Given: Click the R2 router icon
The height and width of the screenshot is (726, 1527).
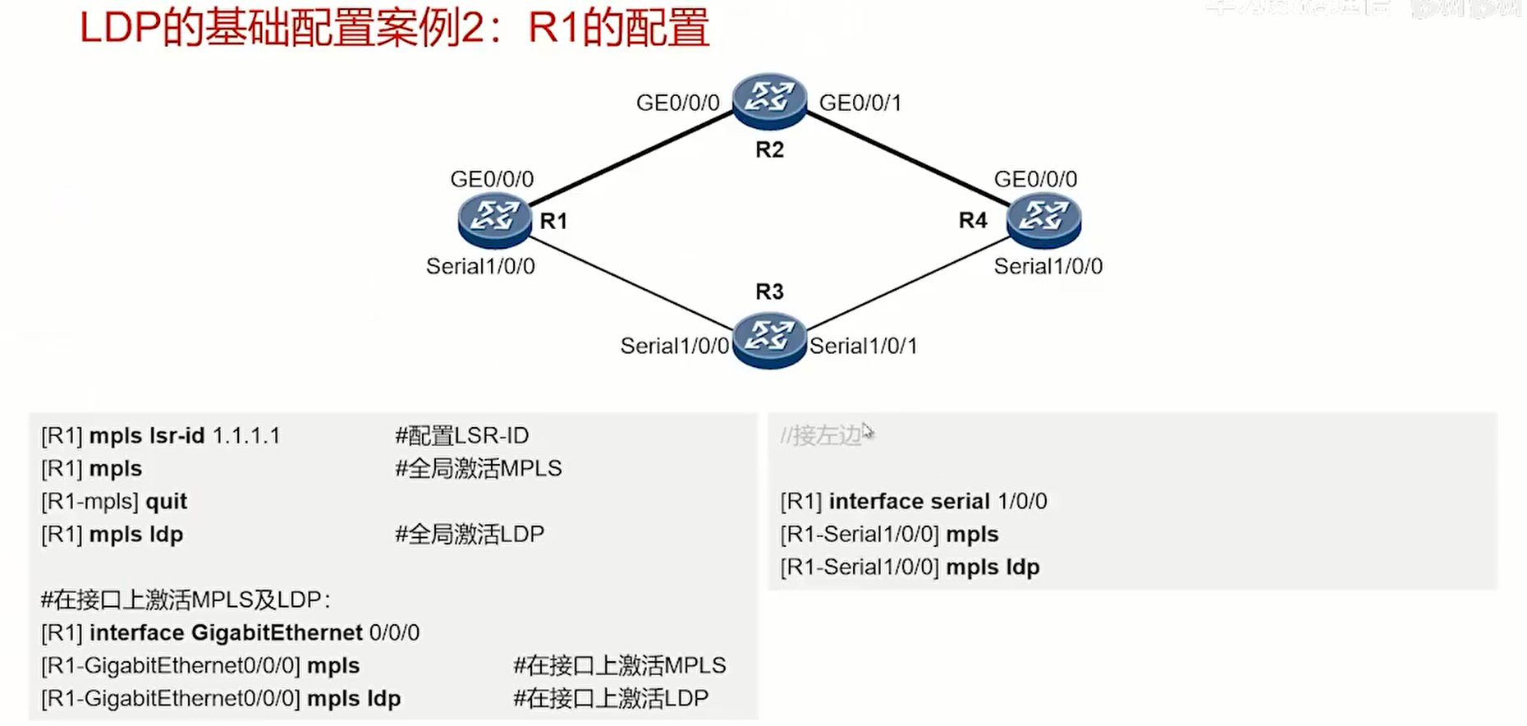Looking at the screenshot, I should point(769,99).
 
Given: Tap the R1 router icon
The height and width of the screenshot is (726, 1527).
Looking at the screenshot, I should point(494,219).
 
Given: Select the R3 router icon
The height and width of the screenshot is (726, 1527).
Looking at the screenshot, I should point(768,338).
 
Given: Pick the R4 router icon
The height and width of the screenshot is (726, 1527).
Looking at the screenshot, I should point(1043,219).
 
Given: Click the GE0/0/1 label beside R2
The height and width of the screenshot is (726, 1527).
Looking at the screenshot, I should point(860,103).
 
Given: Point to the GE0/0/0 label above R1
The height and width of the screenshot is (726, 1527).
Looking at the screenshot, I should point(492,179).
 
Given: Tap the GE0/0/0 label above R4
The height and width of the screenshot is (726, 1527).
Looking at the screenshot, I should point(1035,179).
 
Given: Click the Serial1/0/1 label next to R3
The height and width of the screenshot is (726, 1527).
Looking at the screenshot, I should point(863,347).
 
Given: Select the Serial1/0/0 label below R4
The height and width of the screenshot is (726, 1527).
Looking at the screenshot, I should point(1048,267).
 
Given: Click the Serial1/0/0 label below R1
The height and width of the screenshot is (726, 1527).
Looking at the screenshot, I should point(480,267).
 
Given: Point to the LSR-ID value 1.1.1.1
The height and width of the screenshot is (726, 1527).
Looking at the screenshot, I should point(246,436).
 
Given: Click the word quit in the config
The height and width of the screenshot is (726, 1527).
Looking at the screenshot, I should point(166,502).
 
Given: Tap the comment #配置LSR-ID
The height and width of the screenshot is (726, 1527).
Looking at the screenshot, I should point(461,436).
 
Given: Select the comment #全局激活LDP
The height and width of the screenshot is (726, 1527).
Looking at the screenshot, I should point(470,535).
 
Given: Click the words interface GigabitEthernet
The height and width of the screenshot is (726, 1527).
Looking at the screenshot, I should point(226,633).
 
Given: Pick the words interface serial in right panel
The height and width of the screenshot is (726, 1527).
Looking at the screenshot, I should point(909,502).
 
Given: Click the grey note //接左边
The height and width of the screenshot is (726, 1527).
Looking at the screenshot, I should point(821,435).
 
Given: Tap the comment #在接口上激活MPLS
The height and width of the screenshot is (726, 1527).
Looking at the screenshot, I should point(620,666).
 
